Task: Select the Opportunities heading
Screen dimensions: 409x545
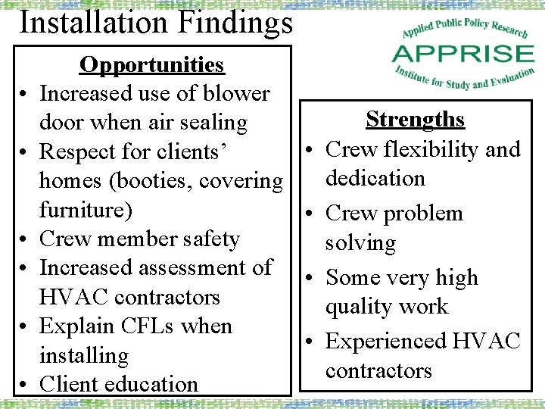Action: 152,65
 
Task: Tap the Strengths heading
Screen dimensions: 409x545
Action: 415,120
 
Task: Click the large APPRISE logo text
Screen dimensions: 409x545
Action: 463,55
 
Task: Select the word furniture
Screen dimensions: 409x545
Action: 80,210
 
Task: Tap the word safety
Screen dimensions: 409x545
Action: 205,239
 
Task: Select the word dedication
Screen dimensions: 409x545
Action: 375,179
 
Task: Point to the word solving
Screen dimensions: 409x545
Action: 360,243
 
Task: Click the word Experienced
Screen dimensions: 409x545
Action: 387,341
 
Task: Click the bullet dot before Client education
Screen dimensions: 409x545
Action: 25,386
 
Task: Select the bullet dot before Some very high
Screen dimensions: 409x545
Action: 312,279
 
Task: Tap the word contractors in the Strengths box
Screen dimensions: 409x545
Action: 378,370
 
